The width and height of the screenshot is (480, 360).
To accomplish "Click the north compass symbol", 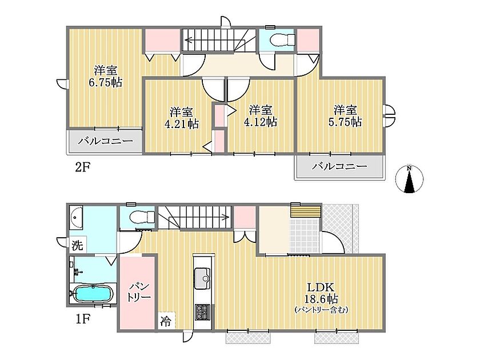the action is pos(409,179).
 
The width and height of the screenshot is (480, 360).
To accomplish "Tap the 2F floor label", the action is pos(82,167).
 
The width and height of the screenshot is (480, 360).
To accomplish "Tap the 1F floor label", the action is pos(82,319).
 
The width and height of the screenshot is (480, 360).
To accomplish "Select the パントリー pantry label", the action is pos(139,292).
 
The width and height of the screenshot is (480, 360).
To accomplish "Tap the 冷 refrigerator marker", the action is pos(166,321).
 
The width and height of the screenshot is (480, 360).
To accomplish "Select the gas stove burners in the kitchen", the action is pos(202,312).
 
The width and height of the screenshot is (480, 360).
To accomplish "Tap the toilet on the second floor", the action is pos(283,39).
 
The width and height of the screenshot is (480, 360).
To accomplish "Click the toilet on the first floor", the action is pos(142,217).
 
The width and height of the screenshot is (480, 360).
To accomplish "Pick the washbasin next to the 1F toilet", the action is pos(76,217).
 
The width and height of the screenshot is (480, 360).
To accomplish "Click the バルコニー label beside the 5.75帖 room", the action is pos(339,166).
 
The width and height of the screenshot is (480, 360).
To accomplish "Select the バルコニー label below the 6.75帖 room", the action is pos(105,141).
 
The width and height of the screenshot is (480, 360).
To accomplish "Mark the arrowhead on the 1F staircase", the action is pos(227,217).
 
